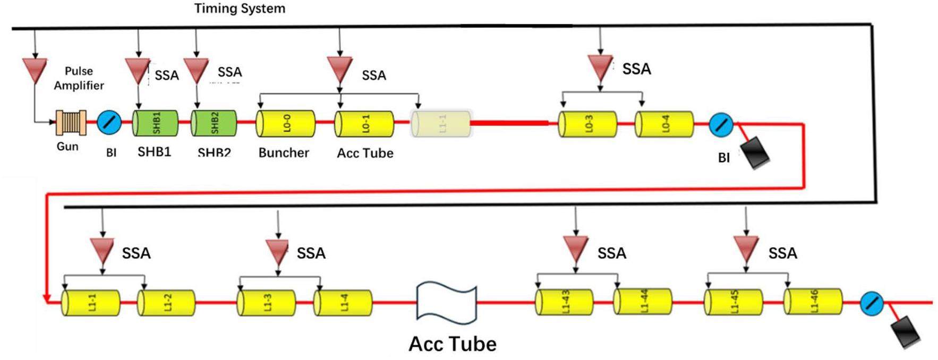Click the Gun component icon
(x=71, y=123)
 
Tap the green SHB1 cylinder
(x=155, y=123)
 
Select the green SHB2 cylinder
(x=214, y=123)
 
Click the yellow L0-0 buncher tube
(x=286, y=124)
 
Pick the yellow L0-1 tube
(x=364, y=124)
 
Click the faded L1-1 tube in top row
(x=441, y=124)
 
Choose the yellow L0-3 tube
(x=587, y=124)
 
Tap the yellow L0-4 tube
(x=664, y=124)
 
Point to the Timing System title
(x=240, y=8)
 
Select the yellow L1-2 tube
(x=166, y=303)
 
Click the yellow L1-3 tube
(x=266, y=303)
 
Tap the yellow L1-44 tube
(x=643, y=302)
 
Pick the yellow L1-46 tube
(x=813, y=302)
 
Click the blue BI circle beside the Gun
(x=109, y=123)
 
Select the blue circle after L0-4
(x=721, y=125)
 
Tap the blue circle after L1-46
(x=871, y=303)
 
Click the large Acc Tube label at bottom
(x=453, y=344)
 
